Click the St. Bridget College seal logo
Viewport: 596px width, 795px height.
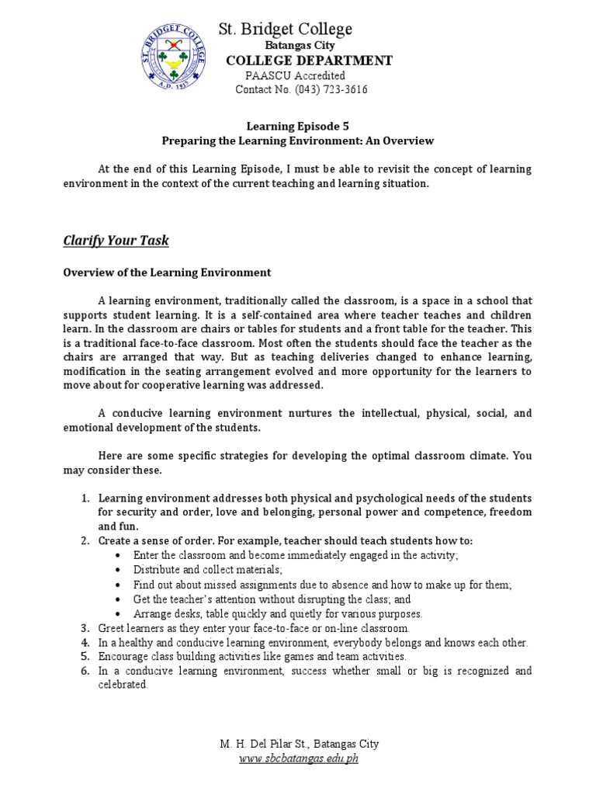tap(177, 59)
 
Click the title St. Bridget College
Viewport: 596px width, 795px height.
tap(285, 30)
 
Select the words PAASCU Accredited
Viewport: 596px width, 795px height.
tap(295, 75)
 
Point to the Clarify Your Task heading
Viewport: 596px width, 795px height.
tap(116, 241)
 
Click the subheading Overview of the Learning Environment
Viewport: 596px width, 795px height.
tap(167, 273)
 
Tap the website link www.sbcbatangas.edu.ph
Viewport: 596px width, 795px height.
tap(298, 759)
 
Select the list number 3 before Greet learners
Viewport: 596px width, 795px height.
tap(86, 628)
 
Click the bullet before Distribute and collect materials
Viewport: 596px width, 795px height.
tap(117, 570)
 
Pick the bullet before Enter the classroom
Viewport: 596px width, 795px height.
tap(117, 556)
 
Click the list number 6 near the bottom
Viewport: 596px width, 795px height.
tap(86, 672)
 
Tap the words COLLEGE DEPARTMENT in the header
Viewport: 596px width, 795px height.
tap(298, 61)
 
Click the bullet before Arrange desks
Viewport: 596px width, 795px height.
tap(117, 613)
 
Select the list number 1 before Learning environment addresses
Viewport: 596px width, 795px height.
tap(86, 498)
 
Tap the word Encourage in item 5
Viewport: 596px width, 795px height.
tap(126, 657)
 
